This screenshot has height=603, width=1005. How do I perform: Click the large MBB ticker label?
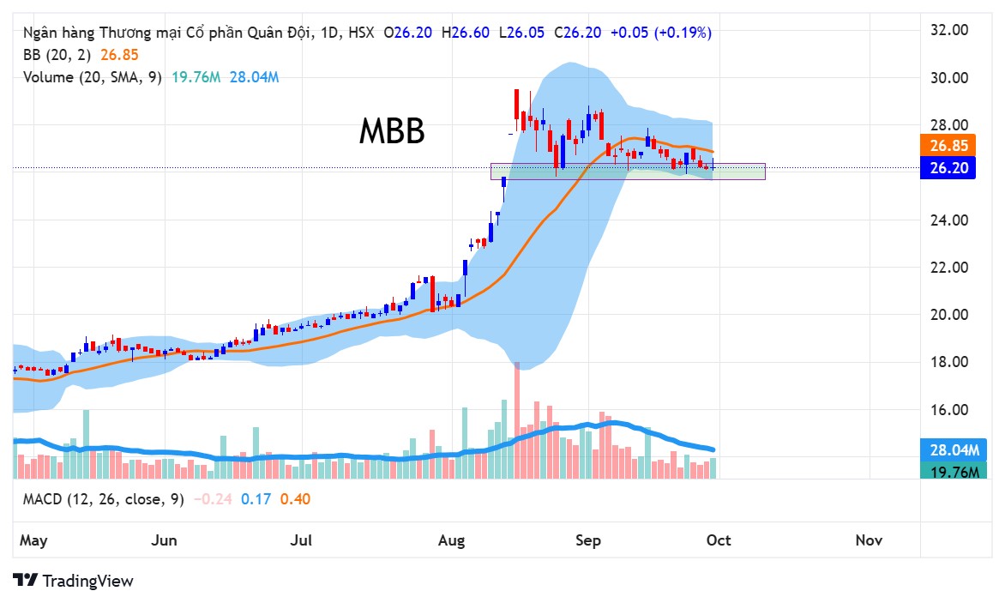(391, 132)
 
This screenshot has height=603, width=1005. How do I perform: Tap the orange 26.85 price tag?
(948, 145)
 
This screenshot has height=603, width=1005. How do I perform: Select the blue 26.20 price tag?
(948, 168)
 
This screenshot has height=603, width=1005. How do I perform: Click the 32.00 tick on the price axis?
(948, 30)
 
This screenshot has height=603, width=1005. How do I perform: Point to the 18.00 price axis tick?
(948, 362)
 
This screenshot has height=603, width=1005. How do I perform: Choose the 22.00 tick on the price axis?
(948, 268)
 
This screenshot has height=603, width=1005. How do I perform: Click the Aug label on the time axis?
(451, 540)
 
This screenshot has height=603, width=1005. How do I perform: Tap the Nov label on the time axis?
(869, 540)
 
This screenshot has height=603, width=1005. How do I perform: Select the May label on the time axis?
(33, 540)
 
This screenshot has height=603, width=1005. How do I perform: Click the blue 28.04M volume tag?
(954, 450)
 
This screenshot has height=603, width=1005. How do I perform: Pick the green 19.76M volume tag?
(954, 470)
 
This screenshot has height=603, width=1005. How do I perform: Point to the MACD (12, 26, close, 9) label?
(103, 499)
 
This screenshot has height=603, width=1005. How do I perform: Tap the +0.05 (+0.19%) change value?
(660, 33)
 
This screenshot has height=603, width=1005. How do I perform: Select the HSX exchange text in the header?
(360, 33)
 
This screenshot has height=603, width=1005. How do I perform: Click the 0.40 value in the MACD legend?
(296, 499)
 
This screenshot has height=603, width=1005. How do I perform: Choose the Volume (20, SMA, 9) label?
(93, 77)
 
